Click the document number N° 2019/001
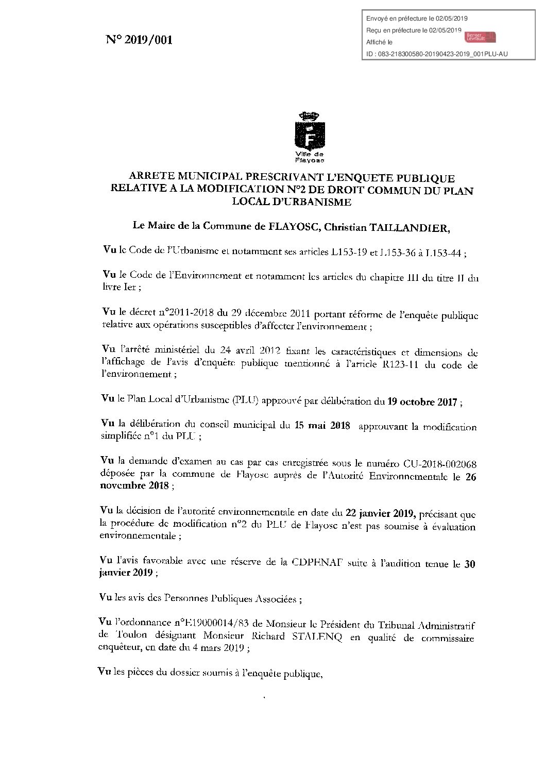(x=139, y=40)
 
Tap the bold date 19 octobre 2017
(x=422, y=402)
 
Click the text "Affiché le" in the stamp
(x=379, y=42)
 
